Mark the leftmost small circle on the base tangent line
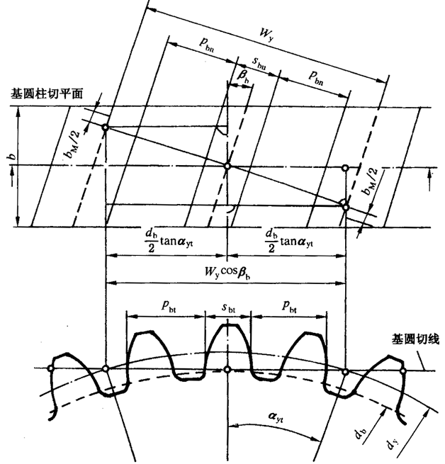[x=51, y=368]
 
